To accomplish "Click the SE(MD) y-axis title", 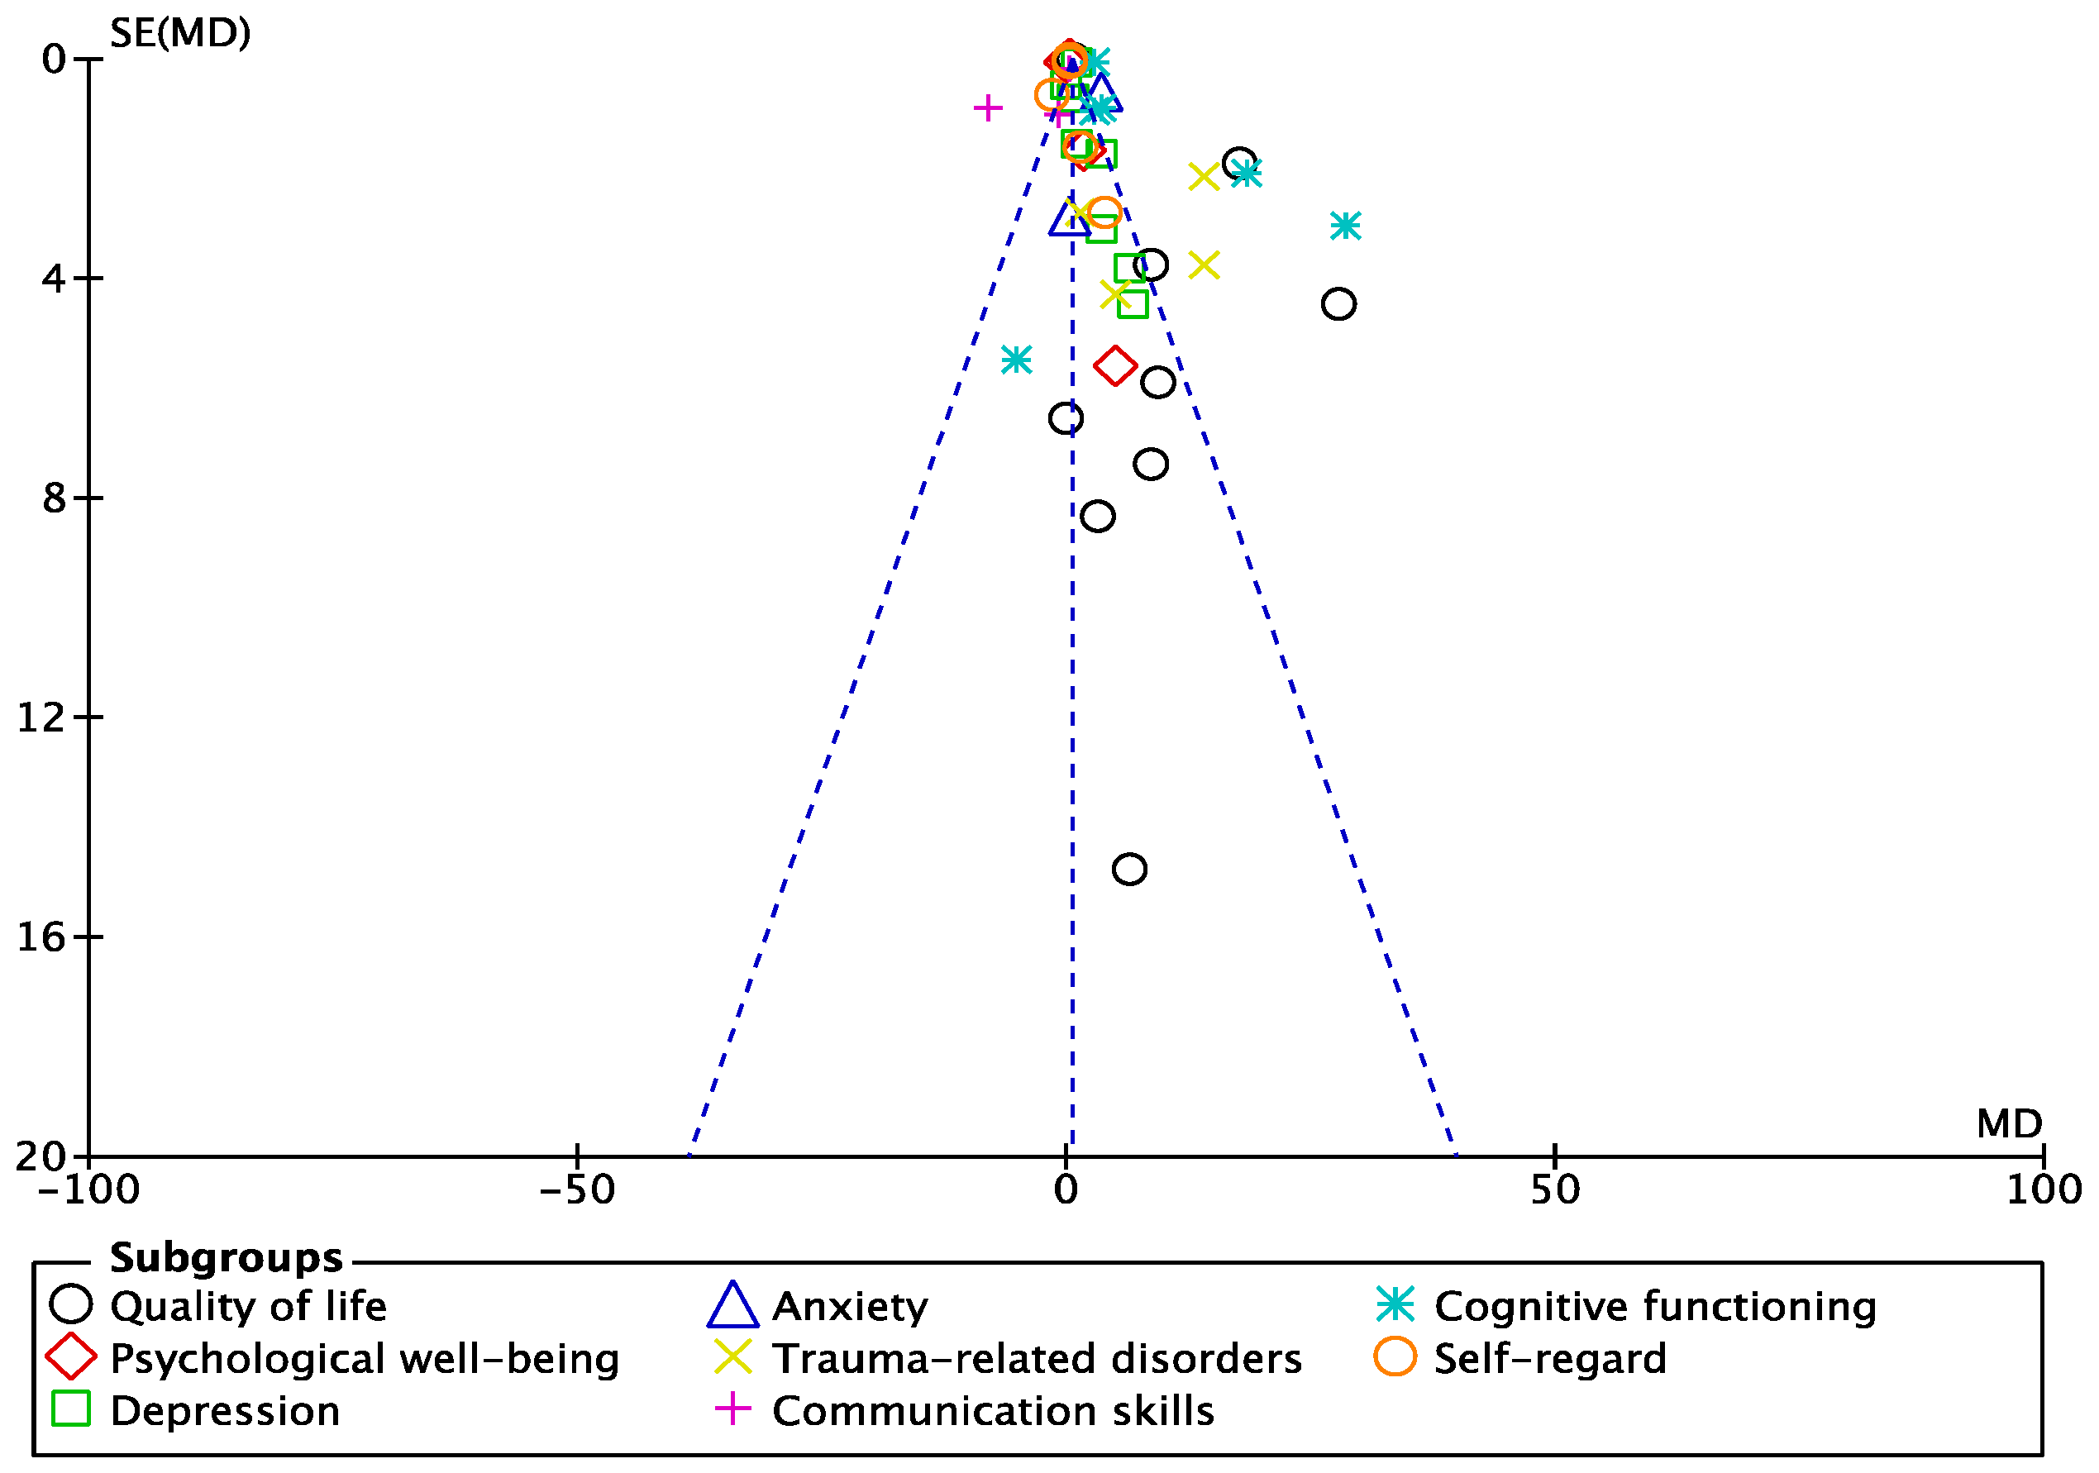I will coord(180,34).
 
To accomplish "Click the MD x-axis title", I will coord(2009,1123).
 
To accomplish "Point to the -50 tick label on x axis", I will coord(576,1189).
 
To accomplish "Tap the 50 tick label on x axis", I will coord(1555,1189).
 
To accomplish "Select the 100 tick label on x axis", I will coord(2044,1189).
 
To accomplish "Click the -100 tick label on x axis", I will coord(88,1189).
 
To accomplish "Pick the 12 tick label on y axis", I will coord(42,717).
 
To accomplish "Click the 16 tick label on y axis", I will coord(42,937).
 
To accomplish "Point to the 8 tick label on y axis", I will coord(55,498).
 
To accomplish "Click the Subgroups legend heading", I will coord(226,1258).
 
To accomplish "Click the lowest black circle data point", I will coord(1130,869).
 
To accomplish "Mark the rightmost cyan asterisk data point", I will coord(1346,225).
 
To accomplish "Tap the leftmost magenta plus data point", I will coord(987,108).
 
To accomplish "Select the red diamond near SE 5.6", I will coord(1115,365).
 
